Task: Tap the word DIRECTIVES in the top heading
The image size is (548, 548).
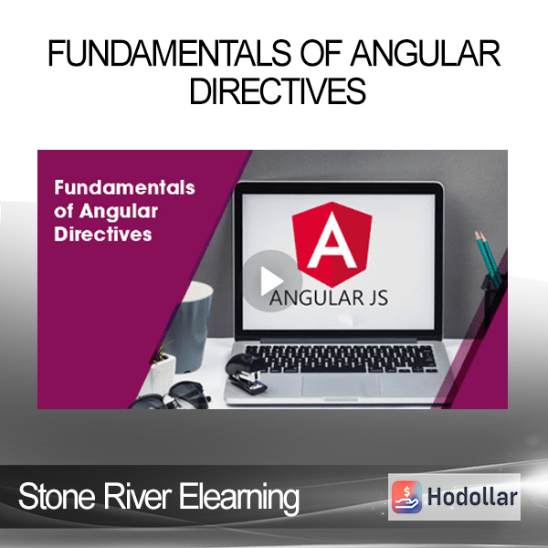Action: coord(278,90)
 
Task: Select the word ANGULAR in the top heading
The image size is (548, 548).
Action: coord(426,53)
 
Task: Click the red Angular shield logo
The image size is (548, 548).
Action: coord(332,244)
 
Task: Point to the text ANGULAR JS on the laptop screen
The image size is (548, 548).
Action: coord(329,298)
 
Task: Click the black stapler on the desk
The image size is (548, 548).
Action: coord(246,374)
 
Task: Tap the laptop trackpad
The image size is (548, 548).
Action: coord(341,385)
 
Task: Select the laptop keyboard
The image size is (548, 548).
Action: coord(341,358)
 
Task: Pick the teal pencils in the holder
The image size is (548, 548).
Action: coord(489,258)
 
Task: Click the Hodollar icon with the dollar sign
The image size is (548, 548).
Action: coord(406,497)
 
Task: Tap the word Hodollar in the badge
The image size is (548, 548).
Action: coord(472,497)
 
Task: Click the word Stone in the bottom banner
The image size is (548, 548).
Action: coord(57,496)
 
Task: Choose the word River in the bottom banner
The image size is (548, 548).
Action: coord(137,496)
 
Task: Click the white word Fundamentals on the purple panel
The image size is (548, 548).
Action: coord(124,187)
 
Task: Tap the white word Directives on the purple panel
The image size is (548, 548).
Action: coord(103,234)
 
